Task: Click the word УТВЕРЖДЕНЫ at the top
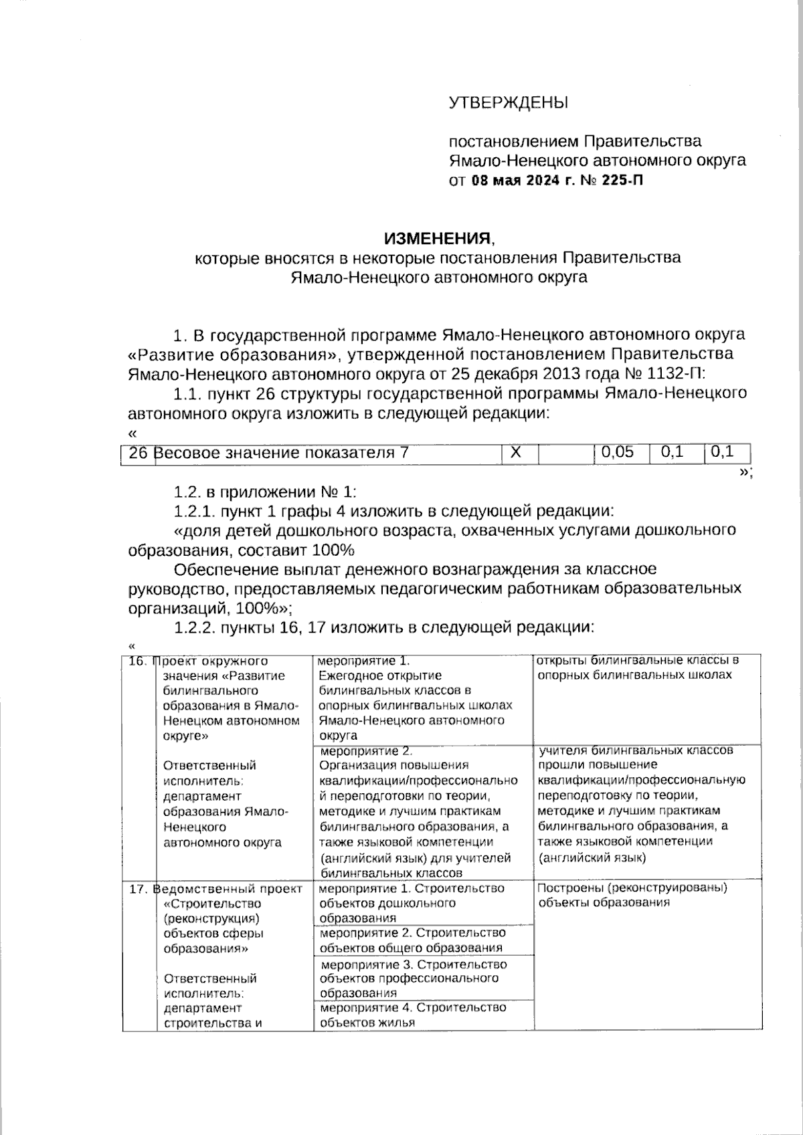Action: click(508, 103)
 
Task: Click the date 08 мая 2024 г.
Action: click(523, 180)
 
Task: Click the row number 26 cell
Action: click(138, 453)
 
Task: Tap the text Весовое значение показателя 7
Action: click(282, 453)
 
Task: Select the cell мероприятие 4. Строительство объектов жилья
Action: click(413, 1015)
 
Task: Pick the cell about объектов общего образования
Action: click(413, 940)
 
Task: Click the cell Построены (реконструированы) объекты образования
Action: click(632, 896)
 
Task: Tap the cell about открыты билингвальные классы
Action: click(638, 667)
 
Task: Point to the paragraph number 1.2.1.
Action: click(195, 512)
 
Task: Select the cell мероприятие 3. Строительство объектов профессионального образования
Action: click(413, 978)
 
